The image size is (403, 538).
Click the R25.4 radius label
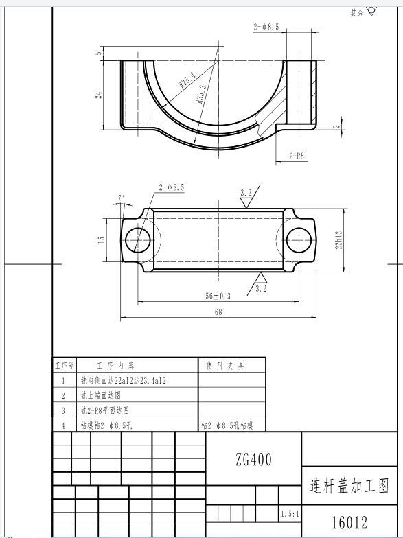(187, 80)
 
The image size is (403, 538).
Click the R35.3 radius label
(201, 94)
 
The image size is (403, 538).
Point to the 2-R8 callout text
(297, 156)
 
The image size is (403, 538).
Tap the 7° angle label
(122, 198)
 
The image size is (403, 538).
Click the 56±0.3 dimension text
(218, 296)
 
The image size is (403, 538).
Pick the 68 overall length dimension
(218, 313)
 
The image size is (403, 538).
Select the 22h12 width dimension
(338, 239)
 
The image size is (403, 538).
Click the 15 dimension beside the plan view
(101, 239)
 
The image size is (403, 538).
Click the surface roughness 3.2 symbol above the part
(246, 198)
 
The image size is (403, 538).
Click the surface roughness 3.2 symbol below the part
(260, 283)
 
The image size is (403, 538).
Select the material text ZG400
(253, 459)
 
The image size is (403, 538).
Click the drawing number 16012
(349, 523)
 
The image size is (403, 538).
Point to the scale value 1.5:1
(289, 513)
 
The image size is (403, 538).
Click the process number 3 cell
(63, 410)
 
